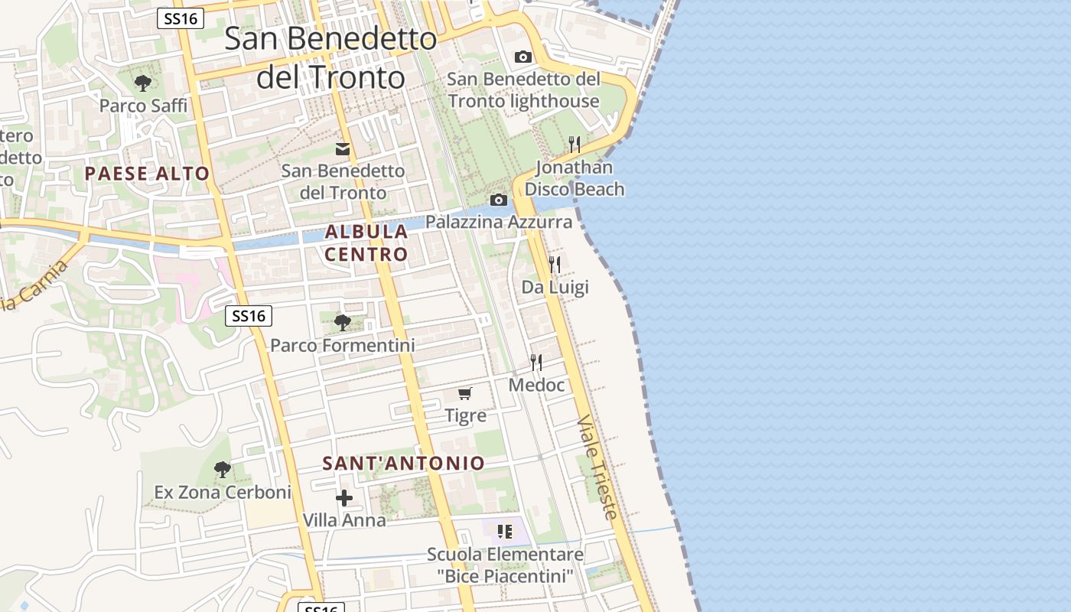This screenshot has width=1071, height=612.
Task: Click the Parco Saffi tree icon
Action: pyautogui.click(x=142, y=83)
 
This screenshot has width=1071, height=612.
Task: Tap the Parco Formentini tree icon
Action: pyautogui.click(x=342, y=323)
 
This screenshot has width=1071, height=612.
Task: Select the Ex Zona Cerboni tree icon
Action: pyautogui.click(x=223, y=469)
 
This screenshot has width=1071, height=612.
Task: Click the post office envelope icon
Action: pyautogui.click(x=343, y=149)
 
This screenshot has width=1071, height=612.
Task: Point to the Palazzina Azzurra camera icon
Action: pyautogui.click(x=499, y=200)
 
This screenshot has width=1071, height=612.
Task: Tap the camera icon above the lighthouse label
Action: pyautogui.click(x=523, y=57)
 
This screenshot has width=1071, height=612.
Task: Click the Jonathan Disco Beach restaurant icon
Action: pyautogui.click(x=575, y=144)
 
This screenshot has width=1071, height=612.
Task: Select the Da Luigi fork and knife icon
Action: pyautogui.click(x=555, y=265)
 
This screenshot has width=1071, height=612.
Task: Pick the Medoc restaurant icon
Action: pyautogui.click(x=536, y=363)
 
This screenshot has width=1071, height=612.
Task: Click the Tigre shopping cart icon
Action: pyautogui.click(x=465, y=393)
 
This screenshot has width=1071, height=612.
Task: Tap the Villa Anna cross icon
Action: pyautogui.click(x=344, y=498)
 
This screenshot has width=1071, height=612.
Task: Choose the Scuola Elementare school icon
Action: pyautogui.click(x=505, y=531)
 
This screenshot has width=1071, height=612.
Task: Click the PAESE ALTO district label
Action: pyautogui.click(x=147, y=174)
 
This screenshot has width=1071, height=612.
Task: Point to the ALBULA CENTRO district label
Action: pyautogui.click(x=366, y=243)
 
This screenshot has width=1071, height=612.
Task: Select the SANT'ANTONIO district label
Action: pyautogui.click(x=404, y=464)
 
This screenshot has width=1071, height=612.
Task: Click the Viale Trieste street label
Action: pyautogui.click(x=597, y=467)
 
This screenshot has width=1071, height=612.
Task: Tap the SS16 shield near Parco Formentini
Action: pyautogui.click(x=249, y=315)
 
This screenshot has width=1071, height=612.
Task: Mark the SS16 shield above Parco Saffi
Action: pyautogui.click(x=181, y=19)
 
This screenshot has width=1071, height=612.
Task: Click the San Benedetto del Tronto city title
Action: pyautogui.click(x=330, y=57)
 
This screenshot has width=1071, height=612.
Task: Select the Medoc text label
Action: pyautogui.click(x=536, y=385)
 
